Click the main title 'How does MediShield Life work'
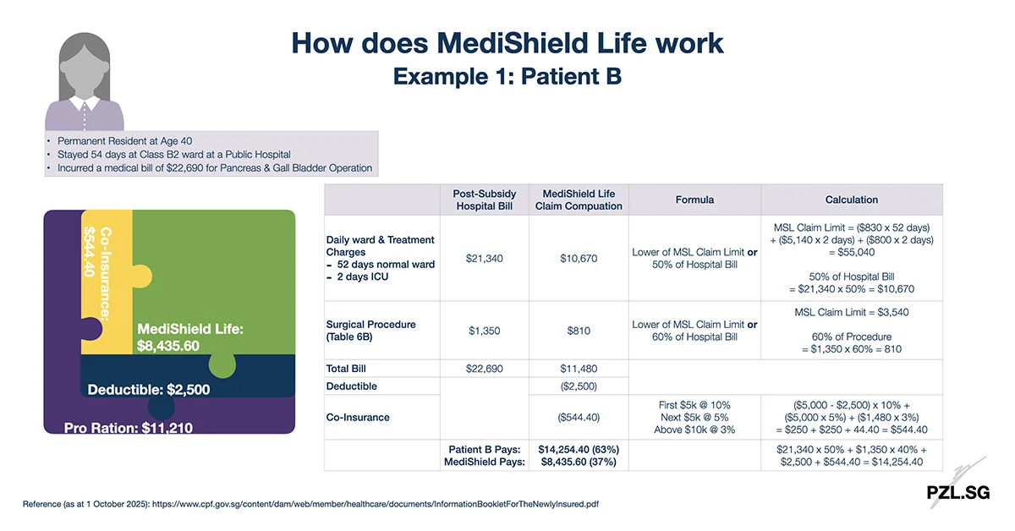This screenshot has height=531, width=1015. tap(507, 42)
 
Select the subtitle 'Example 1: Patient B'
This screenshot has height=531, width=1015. tap(507, 76)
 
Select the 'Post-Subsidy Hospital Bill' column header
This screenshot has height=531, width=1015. tap(485, 200)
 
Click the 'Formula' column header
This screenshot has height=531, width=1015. tap(694, 200)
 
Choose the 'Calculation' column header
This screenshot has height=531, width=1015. tap(851, 200)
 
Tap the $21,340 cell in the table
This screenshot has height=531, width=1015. tap(485, 258)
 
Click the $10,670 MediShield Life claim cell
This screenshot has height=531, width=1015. tap(579, 258)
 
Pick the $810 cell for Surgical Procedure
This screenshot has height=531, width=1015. tap(579, 331)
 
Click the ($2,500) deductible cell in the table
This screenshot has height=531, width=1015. tap(579, 386)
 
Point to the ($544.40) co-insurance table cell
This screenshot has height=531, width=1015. tap(579, 417)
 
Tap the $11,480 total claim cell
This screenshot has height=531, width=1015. tap(579, 369)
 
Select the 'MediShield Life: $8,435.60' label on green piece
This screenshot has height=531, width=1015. tap(190, 337)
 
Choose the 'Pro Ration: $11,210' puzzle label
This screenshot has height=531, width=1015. tap(129, 428)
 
